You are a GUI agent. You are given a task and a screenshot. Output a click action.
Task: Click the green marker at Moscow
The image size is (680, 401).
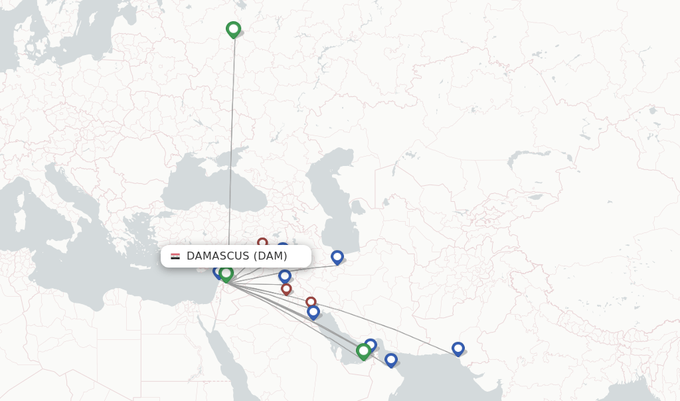tap(233, 29)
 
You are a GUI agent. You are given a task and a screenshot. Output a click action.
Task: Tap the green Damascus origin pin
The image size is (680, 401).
tap(226, 273)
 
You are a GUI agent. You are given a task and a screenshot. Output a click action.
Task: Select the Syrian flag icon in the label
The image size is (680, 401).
tap(175, 256)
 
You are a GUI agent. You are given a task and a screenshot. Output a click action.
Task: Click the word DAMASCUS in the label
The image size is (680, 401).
tap(218, 256)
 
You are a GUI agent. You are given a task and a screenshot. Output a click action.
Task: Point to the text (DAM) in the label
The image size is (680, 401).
tap(270, 256)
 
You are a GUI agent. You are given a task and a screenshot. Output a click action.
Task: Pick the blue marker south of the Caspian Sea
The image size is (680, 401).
tap(337, 257)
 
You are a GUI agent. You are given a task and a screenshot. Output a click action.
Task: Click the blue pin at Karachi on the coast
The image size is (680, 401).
tap(458, 348)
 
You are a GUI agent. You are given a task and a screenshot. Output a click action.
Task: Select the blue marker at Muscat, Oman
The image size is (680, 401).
tap(391, 359)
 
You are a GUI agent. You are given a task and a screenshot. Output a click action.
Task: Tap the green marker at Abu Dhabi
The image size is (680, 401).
tap(363, 351)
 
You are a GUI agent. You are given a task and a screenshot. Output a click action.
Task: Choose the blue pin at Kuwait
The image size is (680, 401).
tap(313, 311)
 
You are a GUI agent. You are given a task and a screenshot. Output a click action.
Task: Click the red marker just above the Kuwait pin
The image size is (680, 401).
tap(311, 302)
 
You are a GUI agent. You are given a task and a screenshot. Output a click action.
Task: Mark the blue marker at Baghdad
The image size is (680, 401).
tap(285, 276)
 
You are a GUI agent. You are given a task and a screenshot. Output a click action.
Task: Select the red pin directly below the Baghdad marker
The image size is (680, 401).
tap(286, 289)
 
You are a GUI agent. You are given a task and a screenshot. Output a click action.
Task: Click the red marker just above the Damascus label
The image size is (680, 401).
tap(262, 242)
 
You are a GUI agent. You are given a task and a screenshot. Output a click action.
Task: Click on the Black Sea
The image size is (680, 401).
tap(206, 189)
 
